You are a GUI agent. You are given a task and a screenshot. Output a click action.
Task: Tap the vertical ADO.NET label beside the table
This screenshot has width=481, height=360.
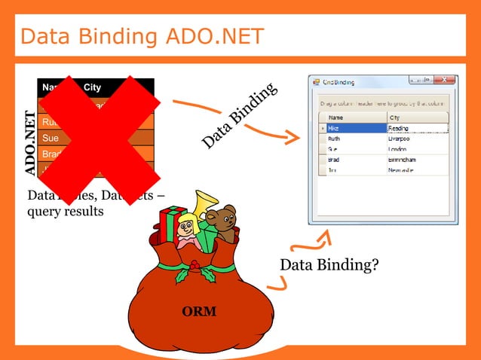coord(30,143)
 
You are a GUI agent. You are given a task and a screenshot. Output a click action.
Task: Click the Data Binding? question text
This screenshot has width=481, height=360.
coord(329,265)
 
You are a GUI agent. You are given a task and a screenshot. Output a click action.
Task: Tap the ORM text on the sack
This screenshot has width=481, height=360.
coord(199,311)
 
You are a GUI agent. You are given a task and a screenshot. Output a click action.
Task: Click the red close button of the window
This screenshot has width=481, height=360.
coord(445,81)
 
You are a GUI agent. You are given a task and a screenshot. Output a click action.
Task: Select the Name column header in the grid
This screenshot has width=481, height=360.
coord(336,117)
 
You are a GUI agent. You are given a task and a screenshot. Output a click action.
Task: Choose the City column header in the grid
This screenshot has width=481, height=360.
coord(394,117)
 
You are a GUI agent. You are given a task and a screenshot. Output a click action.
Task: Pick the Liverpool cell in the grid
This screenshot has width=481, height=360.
coord(400,139)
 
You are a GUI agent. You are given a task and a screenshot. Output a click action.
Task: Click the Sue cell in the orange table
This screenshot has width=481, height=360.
coord(51,138)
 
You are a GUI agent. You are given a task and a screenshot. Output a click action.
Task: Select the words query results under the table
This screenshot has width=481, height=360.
coord(66,211)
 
